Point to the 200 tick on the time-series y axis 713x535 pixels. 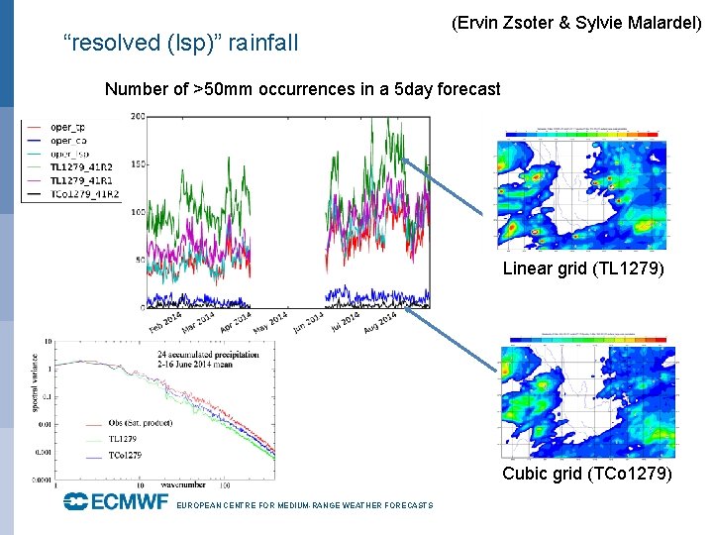point(138,117)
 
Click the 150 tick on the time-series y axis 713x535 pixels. point(138,164)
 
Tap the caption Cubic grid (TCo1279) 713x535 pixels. point(587,474)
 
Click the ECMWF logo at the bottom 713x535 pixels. point(116,502)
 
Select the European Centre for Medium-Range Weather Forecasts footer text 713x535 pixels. point(304,506)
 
